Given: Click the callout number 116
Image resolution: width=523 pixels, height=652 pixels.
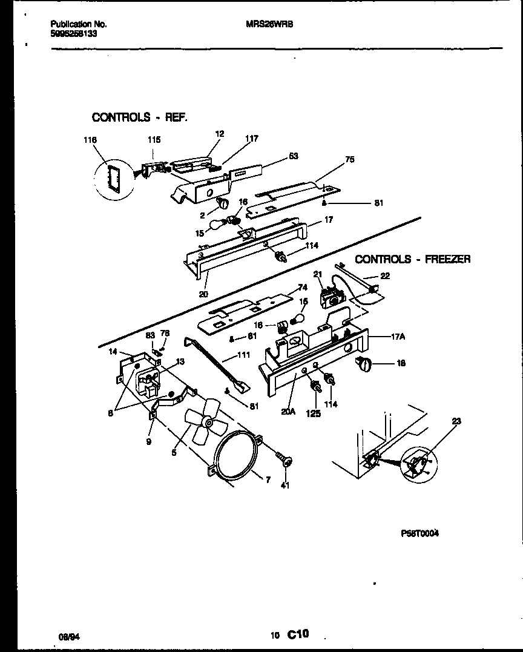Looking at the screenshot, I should [x=91, y=140].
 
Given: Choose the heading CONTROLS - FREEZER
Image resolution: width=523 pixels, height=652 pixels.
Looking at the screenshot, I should [x=412, y=259].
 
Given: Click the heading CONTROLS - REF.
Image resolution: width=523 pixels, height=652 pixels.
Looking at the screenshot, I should [x=139, y=117].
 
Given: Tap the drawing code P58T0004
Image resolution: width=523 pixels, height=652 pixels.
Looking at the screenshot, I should [x=419, y=533].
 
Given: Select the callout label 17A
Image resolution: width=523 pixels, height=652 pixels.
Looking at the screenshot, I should [x=398, y=338].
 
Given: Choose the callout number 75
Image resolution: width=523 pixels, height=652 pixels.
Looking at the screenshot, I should [x=349, y=160].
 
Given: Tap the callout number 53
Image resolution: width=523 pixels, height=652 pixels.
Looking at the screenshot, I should [x=293, y=156].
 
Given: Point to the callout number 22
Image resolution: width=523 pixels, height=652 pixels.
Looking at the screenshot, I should [x=385, y=276].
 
